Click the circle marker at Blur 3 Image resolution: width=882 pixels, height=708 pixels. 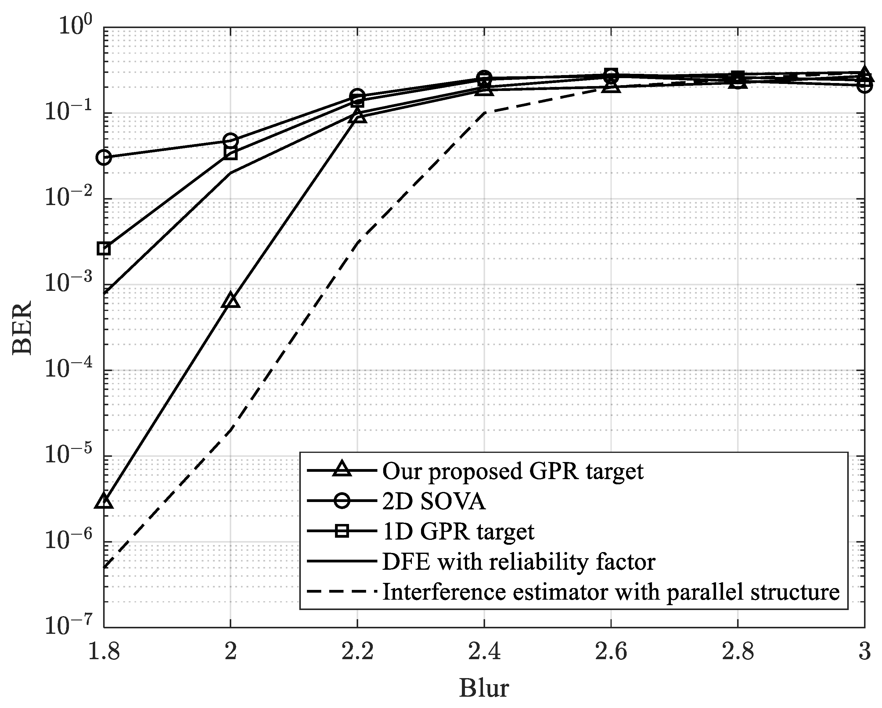[x=864, y=85]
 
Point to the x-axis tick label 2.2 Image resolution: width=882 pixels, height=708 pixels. [x=357, y=651]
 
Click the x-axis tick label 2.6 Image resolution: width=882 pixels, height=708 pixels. [x=611, y=651]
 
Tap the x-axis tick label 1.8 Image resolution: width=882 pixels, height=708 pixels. [x=104, y=651]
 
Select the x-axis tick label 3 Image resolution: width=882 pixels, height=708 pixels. [x=864, y=651]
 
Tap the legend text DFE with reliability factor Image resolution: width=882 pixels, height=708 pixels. [x=518, y=562]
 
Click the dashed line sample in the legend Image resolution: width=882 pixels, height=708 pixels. [x=342, y=592]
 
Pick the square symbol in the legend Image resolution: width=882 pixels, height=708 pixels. [x=342, y=532]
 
